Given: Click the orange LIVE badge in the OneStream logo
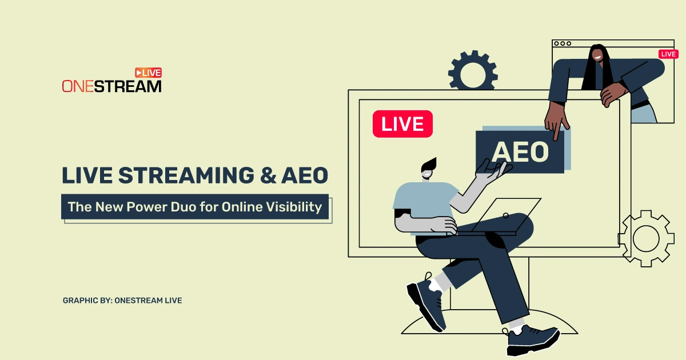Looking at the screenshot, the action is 148,73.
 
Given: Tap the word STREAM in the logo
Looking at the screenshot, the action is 127,86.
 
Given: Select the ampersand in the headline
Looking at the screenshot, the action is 268,175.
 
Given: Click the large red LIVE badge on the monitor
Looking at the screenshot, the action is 402,123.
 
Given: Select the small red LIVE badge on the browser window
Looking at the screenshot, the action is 668,54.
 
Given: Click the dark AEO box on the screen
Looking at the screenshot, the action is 520,152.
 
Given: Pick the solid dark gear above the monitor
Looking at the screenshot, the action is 473,71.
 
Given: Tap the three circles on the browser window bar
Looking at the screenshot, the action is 563,43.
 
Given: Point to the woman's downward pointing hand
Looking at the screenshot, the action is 556,122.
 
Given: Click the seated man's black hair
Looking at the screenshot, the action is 429,165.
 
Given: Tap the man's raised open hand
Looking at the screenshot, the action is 493,170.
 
